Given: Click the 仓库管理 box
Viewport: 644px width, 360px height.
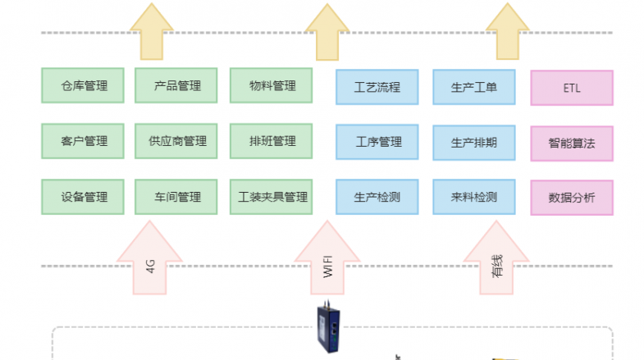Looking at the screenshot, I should [84, 85].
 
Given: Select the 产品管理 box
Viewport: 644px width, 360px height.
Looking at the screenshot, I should [178, 85].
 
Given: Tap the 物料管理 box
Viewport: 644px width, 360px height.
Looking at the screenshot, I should [272, 85].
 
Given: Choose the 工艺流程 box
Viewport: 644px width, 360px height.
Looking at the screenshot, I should [377, 87].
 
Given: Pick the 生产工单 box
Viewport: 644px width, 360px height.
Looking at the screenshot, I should [473, 87].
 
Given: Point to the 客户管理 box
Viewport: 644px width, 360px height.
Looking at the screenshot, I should [84, 141].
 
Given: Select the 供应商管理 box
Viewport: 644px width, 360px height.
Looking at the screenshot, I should [178, 141].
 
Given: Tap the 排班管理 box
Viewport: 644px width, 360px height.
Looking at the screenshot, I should [272, 141].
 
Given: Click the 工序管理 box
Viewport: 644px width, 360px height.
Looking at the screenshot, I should [377, 142].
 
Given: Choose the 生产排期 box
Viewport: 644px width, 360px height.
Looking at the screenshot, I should [473, 142].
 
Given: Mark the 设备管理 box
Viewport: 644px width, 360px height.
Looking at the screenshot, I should [84, 197].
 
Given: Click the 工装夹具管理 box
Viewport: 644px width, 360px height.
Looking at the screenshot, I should [272, 197].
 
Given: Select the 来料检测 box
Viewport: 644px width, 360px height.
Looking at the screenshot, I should [473, 197].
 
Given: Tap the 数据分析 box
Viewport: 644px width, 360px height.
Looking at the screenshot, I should [572, 198].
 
